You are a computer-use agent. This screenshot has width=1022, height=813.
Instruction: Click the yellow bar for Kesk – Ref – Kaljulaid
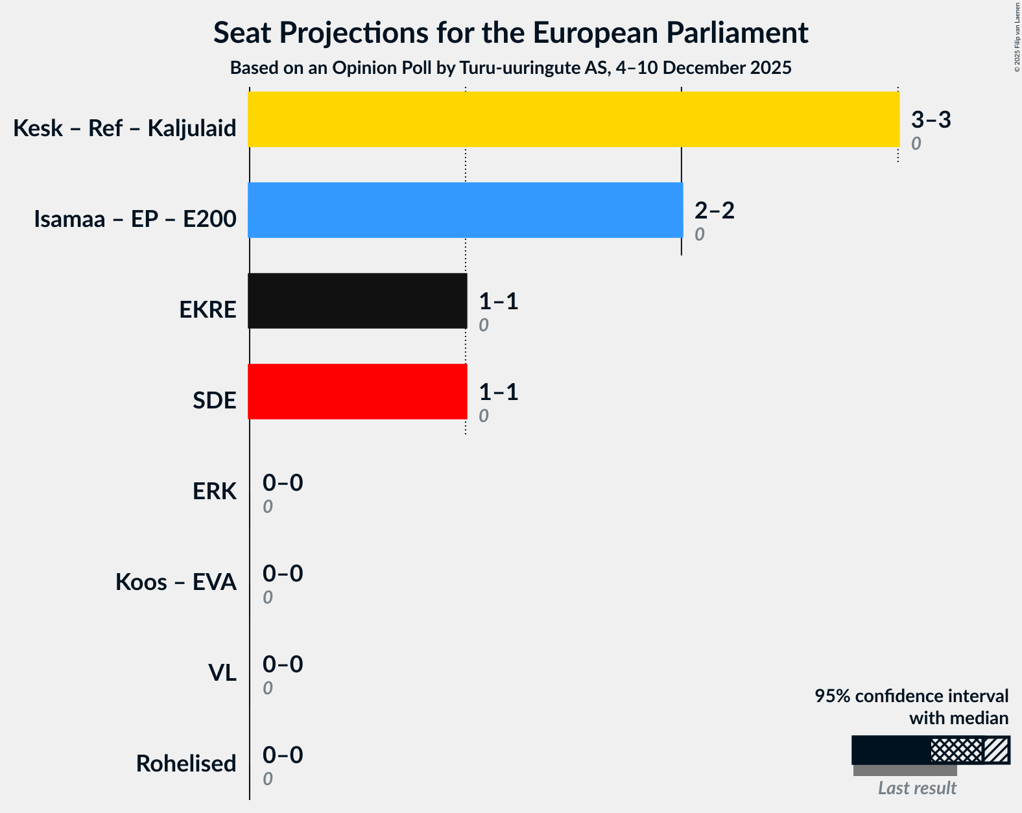pyautogui.click(x=573, y=119)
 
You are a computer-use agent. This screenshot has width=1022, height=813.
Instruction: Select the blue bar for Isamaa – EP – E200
pyautogui.click(x=465, y=210)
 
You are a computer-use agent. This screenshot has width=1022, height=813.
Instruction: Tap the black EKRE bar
pyautogui.click(x=357, y=301)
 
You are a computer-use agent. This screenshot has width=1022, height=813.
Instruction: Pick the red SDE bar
pyautogui.click(x=357, y=392)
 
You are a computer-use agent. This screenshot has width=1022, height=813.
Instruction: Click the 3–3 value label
pyautogui.click(x=931, y=120)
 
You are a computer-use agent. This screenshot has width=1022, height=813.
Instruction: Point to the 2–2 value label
pyautogui.click(x=714, y=211)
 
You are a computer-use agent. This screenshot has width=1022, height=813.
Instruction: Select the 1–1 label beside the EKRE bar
pyautogui.click(x=498, y=301)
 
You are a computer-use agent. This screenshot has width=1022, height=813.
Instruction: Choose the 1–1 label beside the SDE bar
pyautogui.click(x=498, y=392)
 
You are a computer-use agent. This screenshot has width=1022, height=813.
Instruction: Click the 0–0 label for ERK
pyautogui.click(x=282, y=483)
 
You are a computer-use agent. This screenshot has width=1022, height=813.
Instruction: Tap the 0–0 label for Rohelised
pyautogui.click(x=282, y=755)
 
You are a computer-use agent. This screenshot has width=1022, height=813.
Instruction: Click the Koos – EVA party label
pyautogui.click(x=176, y=582)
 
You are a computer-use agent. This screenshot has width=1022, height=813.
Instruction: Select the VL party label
pyautogui.click(x=222, y=673)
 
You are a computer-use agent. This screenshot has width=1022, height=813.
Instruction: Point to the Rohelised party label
pyautogui.click(x=186, y=764)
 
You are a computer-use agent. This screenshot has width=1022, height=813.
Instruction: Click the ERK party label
pyautogui.click(x=214, y=491)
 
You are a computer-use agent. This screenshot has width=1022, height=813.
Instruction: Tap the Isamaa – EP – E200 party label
pyautogui.click(x=135, y=219)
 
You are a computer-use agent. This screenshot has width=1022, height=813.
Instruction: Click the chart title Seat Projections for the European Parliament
pyautogui.click(x=511, y=32)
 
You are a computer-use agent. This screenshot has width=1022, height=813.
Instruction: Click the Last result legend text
pyautogui.click(x=916, y=788)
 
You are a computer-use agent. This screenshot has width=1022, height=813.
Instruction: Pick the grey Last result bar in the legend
pyautogui.click(x=905, y=770)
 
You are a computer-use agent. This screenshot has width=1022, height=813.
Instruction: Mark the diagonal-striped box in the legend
pyautogui.click(x=997, y=750)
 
